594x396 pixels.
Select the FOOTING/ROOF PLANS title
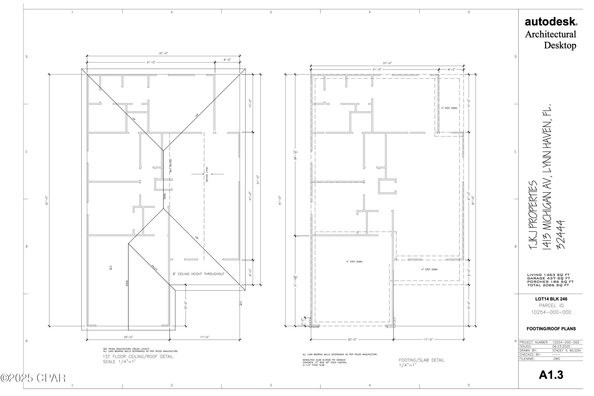(x=551, y=329)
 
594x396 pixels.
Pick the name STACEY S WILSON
(x=566, y=351)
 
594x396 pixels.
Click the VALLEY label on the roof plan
(x=154, y=267)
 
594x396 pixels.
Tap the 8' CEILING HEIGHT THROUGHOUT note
(x=198, y=274)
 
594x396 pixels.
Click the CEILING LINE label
(x=171, y=166)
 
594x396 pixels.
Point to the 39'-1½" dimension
(x=296, y=155)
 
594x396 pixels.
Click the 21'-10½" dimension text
(x=296, y=281)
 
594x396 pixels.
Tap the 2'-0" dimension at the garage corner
(x=303, y=322)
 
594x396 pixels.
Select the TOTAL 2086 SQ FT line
(x=548, y=285)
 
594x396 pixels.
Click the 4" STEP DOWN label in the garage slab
(x=354, y=262)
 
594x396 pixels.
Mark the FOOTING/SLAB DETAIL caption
(x=421, y=360)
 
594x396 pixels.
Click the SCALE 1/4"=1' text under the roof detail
(x=119, y=362)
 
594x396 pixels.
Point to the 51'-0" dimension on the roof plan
(x=258, y=180)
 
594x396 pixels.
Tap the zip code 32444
(x=561, y=235)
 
